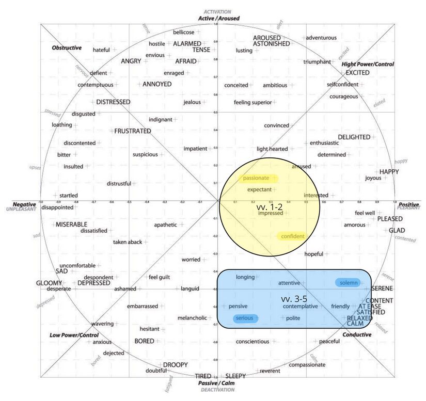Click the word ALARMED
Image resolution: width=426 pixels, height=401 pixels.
click(x=187, y=43)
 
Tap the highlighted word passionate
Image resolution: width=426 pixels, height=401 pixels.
click(x=257, y=178)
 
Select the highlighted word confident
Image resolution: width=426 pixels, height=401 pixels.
click(x=293, y=236)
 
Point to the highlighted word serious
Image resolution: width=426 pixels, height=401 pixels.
click(x=245, y=318)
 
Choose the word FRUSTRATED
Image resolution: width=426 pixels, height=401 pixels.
click(x=133, y=131)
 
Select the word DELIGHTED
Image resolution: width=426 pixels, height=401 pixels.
click(x=354, y=137)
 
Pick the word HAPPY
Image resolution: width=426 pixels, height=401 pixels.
click(x=389, y=172)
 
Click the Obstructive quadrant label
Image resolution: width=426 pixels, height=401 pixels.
click(x=67, y=48)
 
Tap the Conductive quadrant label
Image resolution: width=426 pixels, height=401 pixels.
click(x=356, y=334)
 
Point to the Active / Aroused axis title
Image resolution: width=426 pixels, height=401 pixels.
click(x=218, y=19)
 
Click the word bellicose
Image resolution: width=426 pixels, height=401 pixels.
click(x=183, y=32)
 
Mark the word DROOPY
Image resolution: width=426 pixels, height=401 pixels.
click(x=176, y=365)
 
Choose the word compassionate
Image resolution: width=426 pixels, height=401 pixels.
click(x=307, y=365)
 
